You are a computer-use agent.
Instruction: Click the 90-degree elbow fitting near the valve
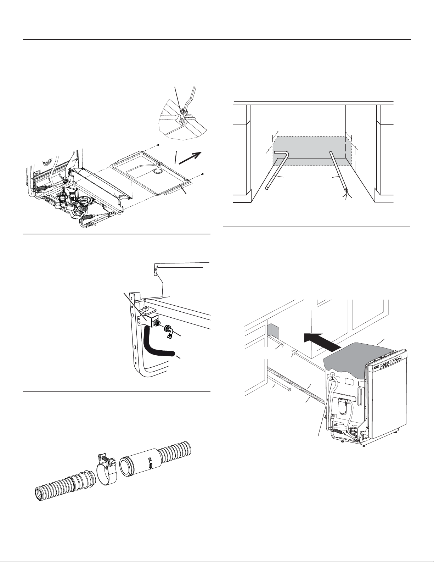click(x=169, y=333)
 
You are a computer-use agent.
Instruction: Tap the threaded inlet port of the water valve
click(x=157, y=323)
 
